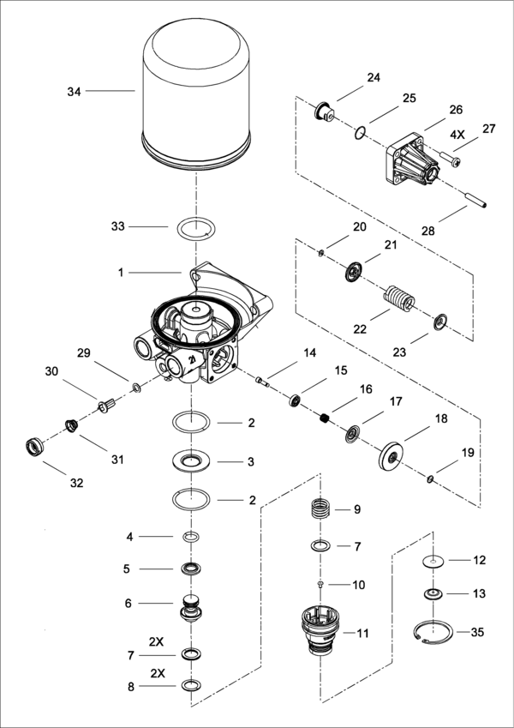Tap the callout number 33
coord(118,226)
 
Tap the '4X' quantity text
coord(455,135)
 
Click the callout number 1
coord(122,272)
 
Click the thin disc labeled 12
coord(435,562)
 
